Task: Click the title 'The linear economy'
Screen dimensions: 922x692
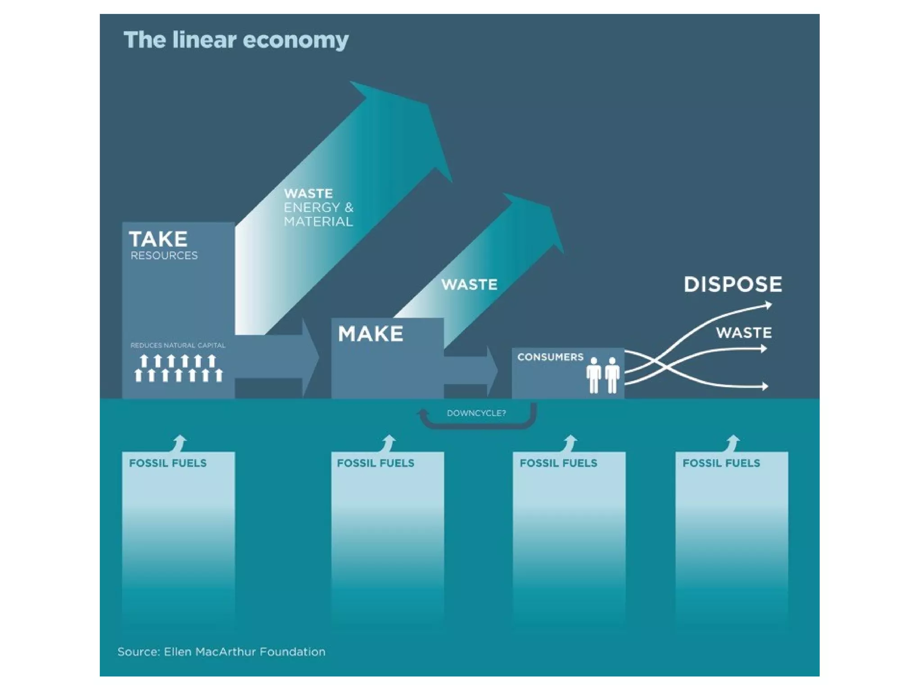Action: pos(236,40)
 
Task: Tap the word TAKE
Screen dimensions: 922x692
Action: pos(158,239)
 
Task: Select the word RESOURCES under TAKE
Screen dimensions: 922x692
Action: pos(164,256)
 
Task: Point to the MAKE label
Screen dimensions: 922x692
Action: pos(371,334)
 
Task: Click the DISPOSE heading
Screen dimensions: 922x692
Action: pos(733,285)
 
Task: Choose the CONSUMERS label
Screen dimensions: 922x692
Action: pos(550,357)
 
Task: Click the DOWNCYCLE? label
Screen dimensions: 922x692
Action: pos(476,413)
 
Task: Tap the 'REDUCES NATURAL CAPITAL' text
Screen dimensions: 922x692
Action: pos(178,346)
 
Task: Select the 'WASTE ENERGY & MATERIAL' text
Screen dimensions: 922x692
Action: pos(318,208)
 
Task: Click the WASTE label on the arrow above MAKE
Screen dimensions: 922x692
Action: pos(469,285)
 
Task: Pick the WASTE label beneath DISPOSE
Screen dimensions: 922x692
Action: pos(744,333)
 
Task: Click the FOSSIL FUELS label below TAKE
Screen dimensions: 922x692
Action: pos(167,463)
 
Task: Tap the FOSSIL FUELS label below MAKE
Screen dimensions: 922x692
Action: pos(375,463)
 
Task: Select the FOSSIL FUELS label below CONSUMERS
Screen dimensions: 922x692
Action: pos(558,463)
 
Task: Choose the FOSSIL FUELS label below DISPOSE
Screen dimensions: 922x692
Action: pos(721,463)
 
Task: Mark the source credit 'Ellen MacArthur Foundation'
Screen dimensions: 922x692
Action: pos(244,652)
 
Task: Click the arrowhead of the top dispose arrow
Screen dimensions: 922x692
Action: pos(768,306)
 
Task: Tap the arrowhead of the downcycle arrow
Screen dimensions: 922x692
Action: pos(423,413)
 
